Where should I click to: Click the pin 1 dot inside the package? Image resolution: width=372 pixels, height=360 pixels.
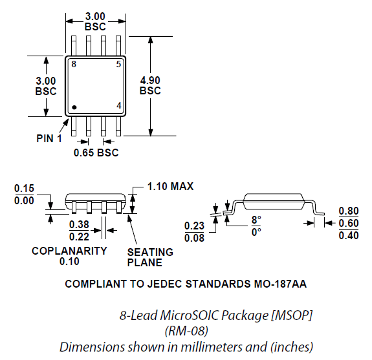click(x=75, y=107)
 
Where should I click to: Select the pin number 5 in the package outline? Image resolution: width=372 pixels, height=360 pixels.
click(x=118, y=65)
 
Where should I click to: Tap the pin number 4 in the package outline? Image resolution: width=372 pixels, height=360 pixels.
click(x=118, y=106)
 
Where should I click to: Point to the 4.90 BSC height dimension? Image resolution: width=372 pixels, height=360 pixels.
click(x=150, y=85)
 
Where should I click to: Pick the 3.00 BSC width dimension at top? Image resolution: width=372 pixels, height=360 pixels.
click(x=95, y=21)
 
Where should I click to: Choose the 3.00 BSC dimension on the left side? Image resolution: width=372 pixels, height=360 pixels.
click(x=46, y=85)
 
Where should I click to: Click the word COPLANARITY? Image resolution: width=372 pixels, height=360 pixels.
click(x=69, y=251)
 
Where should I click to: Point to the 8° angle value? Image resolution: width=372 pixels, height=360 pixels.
click(x=256, y=220)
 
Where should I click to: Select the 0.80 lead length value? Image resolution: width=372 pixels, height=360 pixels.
click(x=349, y=211)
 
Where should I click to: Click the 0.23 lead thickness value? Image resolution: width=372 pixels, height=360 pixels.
click(x=193, y=226)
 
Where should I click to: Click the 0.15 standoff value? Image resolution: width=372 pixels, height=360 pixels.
click(x=24, y=189)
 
